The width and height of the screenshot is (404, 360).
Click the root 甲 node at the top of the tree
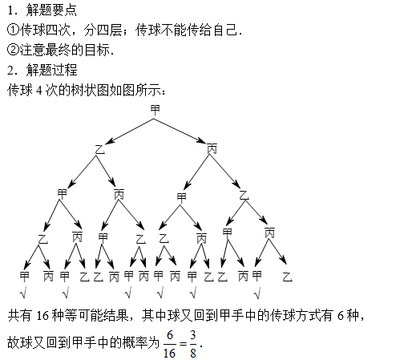tap(155, 110)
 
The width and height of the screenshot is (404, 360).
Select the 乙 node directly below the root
tap(100, 149)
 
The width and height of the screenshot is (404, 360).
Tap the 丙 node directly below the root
tap(212, 149)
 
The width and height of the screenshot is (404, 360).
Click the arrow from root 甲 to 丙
tap(180, 131)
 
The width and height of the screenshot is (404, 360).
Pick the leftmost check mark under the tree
tap(23, 293)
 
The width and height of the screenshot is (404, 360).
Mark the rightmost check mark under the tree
tap(257, 293)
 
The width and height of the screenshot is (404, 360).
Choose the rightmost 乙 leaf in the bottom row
tap(288, 277)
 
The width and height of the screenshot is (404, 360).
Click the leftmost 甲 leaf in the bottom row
tap(24, 277)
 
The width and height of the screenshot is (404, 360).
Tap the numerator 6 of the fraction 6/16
tap(170, 334)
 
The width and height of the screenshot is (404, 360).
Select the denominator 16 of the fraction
tap(169, 353)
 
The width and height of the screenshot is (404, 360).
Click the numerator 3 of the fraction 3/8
tap(193, 334)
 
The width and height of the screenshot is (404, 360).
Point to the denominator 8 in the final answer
tap(193, 353)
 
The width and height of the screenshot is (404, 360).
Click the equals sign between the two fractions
tap(183, 344)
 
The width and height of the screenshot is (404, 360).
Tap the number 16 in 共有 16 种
tap(42, 316)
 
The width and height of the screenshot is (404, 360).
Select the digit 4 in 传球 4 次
tap(39, 91)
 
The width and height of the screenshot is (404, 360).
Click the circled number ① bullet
tap(13, 30)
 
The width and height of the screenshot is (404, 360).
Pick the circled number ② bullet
tap(13, 50)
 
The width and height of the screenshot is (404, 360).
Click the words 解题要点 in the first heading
tap(51, 10)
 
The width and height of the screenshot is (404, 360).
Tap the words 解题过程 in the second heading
tap(51, 70)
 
